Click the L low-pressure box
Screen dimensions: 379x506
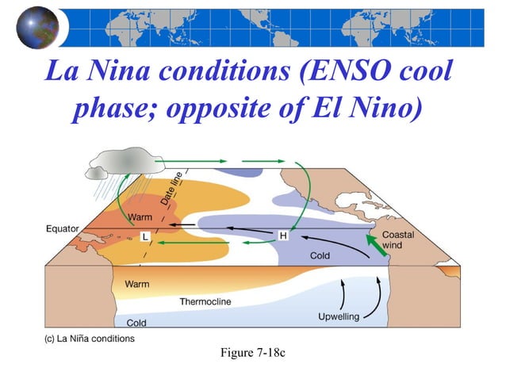tap(145, 236)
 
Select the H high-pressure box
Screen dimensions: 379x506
tap(283, 235)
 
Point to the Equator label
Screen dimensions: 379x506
tap(62, 229)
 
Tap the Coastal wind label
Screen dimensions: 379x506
tap(398, 240)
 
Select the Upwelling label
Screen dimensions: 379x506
tap(339, 317)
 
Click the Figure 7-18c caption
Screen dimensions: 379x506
tap(252, 351)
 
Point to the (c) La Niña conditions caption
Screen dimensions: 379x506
tap(89, 339)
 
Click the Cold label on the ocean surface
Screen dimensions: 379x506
tap(320, 256)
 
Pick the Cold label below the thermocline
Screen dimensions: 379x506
tap(136, 323)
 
